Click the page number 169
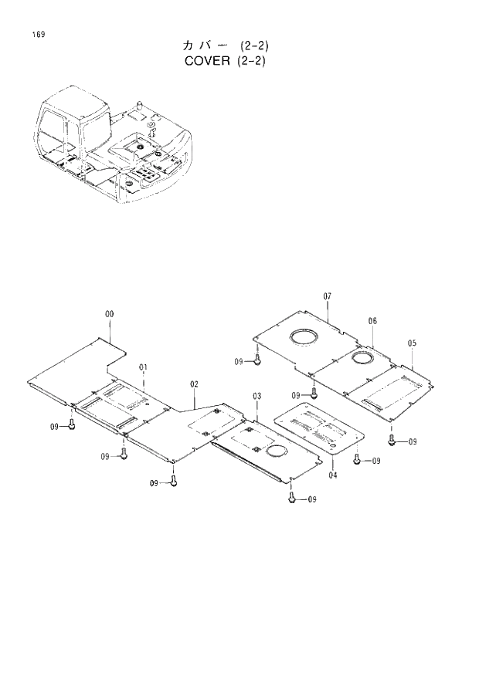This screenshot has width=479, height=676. pyautogui.click(x=37, y=34)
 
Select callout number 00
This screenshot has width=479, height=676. pyautogui.click(x=109, y=314)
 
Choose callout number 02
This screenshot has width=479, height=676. pyautogui.click(x=194, y=384)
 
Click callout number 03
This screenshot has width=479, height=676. pyautogui.click(x=256, y=396)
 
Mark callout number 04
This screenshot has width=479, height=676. pyautogui.click(x=332, y=475)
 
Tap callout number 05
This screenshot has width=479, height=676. pyautogui.click(x=412, y=343)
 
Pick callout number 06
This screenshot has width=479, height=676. pyautogui.click(x=372, y=320)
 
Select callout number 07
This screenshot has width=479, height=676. pyautogui.click(x=327, y=296)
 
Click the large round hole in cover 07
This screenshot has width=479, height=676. pyautogui.click(x=305, y=336)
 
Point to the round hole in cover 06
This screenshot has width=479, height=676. pyautogui.click(x=364, y=357)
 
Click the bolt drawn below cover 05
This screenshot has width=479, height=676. pyautogui.click(x=392, y=440)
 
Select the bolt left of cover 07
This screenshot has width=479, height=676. pyautogui.click(x=258, y=360)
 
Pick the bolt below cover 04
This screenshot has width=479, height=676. pyautogui.click(x=356, y=460)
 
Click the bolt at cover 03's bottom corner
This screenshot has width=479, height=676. pyautogui.click(x=292, y=499)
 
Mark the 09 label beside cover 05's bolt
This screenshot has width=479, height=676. pyautogui.click(x=413, y=441)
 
